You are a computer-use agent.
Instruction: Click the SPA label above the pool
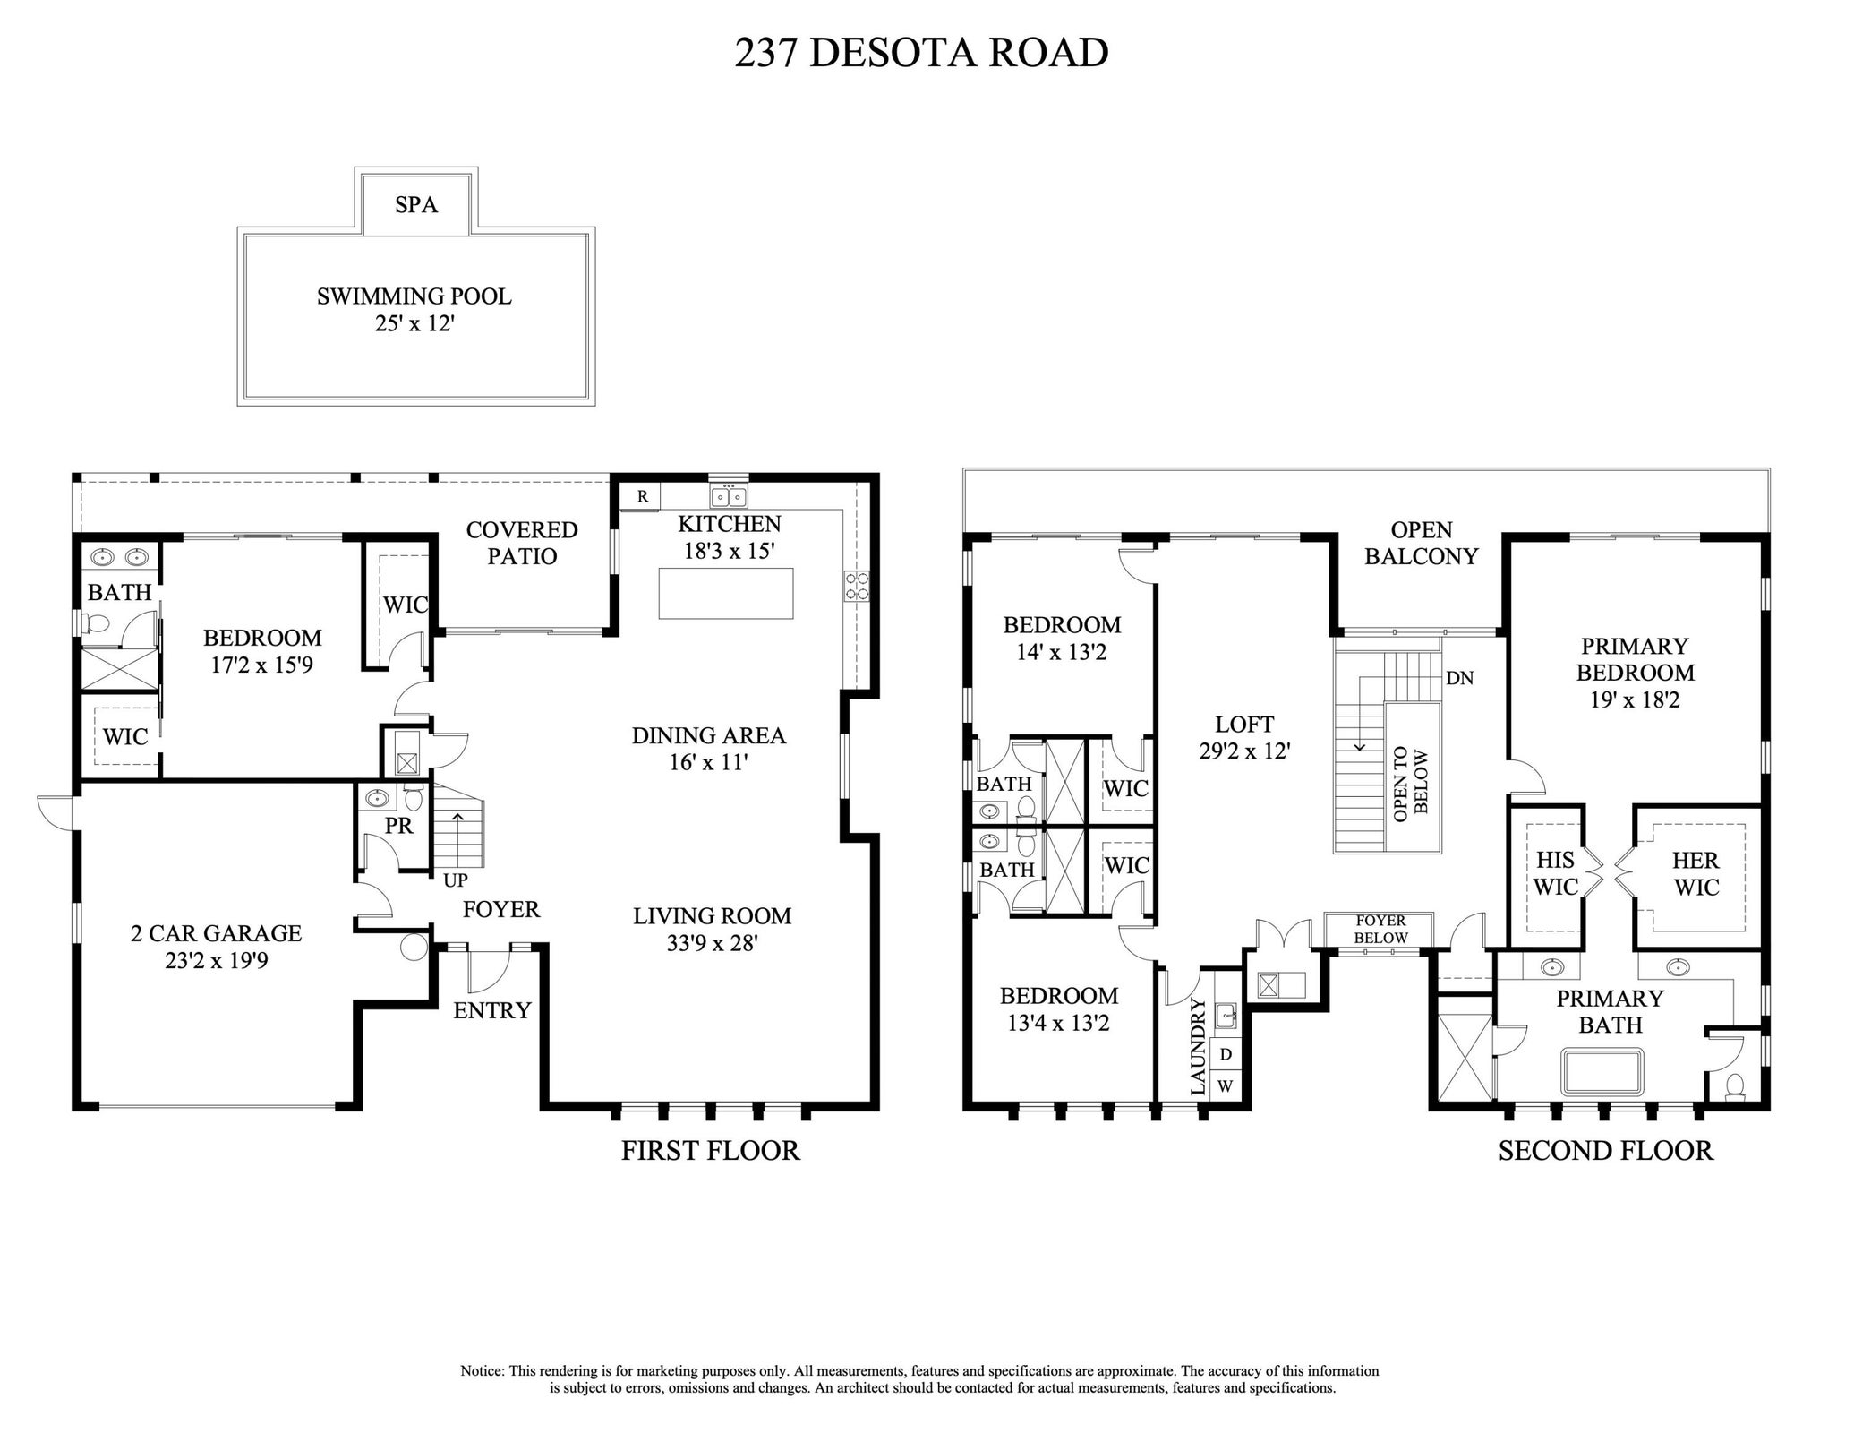tap(416, 205)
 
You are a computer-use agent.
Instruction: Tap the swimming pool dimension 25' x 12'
tap(414, 323)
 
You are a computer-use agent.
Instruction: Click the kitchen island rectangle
tap(725, 593)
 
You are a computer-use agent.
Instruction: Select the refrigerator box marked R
tap(642, 496)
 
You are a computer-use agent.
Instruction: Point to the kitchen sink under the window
tap(729, 496)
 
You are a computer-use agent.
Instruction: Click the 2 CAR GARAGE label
tap(216, 933)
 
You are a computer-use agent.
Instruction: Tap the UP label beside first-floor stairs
tap(455, 880)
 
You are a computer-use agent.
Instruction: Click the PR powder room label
tap(398, 826)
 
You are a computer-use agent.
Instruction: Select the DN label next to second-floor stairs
tap(1459, 678)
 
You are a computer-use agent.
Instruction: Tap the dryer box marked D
tap(1226, 1054)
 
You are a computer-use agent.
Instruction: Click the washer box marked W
tap(1226, 1085)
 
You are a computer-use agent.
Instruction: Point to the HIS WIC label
tap(1555, 873)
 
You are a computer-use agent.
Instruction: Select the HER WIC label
tap(1696, 873)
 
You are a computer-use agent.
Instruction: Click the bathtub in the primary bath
tap(1602, 1072)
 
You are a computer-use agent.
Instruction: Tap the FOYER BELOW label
tap(1380, 929)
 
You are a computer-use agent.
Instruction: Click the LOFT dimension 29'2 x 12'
tap(1244, 751)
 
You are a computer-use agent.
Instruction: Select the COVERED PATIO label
tap(522, 543)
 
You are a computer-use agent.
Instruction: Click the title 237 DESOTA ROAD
tap(921, 53)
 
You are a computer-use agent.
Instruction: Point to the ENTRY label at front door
tap(491, 1010)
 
